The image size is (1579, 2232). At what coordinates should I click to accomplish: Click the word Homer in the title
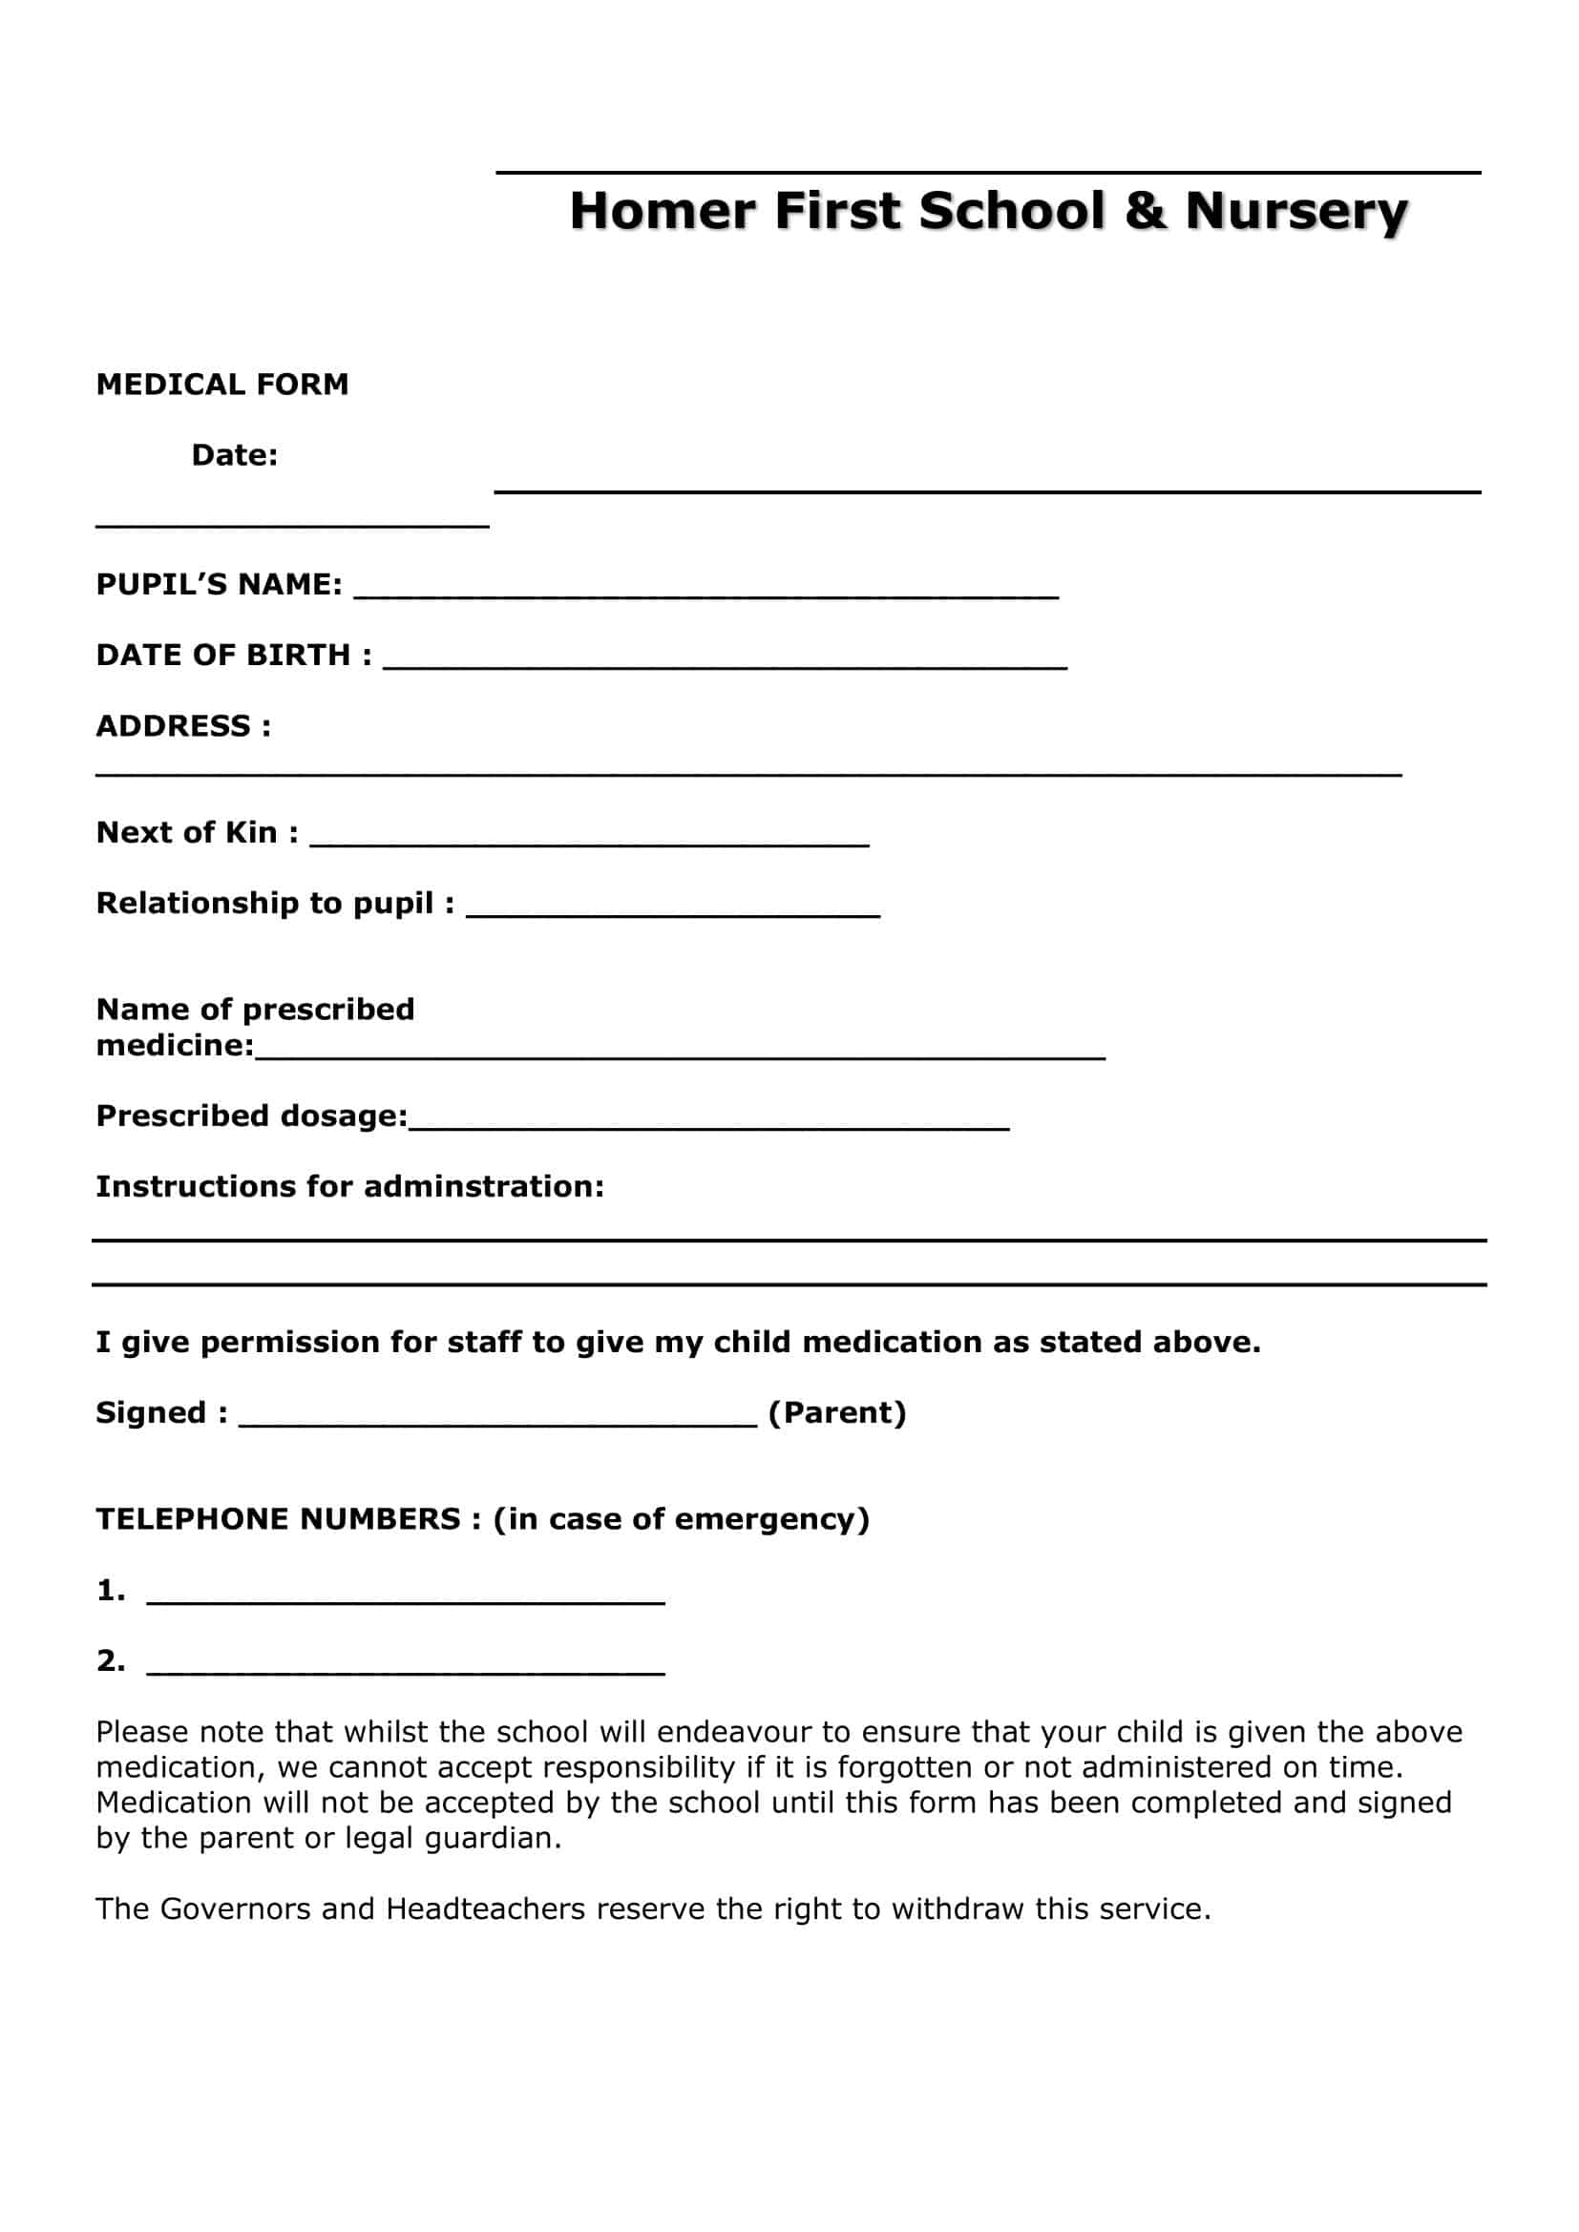coord(663,211)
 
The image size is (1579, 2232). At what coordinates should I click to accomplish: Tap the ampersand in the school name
coord(1145,211)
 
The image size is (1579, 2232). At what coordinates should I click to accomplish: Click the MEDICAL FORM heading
coord(221,384)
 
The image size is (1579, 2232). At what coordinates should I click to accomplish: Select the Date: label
coord(234,455)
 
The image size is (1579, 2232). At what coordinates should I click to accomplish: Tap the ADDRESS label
coord(182,726)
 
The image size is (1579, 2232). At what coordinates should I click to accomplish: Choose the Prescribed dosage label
coord(251,1116)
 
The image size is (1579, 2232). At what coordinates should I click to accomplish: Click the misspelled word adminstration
coord(483,1187)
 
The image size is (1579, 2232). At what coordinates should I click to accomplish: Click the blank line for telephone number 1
coord(406,1601)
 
